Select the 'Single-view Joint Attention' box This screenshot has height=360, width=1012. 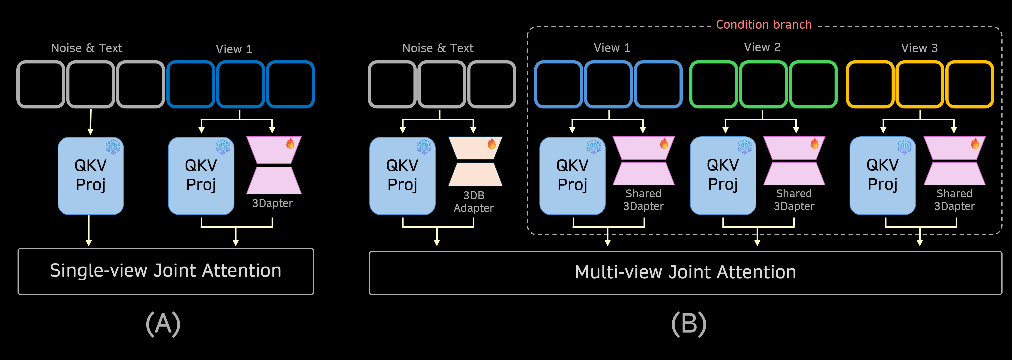point(165,271)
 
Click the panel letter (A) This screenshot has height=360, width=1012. point(163,324)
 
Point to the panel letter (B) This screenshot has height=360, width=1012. point(689,324)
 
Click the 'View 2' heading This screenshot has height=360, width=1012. point(762,48)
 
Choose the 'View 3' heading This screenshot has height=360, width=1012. point(919,48)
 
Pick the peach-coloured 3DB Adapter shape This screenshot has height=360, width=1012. point(475,161)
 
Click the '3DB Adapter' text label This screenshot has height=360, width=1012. point(473,202)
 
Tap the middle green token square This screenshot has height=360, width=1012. point(763,84)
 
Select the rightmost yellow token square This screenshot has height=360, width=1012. point(970,84)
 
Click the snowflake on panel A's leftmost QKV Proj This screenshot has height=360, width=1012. point(113,147)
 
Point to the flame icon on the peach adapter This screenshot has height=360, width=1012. point(491,144)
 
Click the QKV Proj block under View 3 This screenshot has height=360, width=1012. point(882,175)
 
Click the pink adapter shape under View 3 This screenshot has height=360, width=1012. point(954,161)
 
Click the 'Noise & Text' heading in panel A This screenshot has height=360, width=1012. point(87,48)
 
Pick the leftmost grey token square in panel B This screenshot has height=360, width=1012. point(392,84)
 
